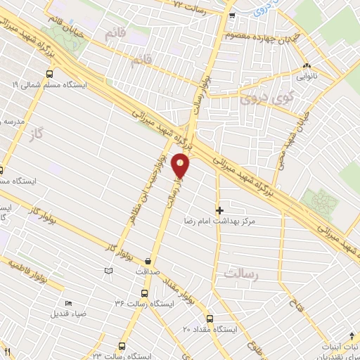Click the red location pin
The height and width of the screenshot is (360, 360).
point(181,165)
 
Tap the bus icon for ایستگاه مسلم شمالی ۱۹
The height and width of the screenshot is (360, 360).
point(49,74)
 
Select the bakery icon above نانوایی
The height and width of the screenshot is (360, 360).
point(307,67)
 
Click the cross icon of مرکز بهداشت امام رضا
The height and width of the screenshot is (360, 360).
point(219,210)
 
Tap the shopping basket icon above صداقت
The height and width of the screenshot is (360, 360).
point(148,259)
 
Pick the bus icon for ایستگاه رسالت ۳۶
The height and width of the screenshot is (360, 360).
point(144,294)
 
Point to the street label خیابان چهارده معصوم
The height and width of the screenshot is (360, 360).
point(259,35)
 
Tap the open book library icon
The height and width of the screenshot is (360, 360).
point(108,271)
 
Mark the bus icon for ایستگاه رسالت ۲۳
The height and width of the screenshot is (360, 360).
point(122,347)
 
